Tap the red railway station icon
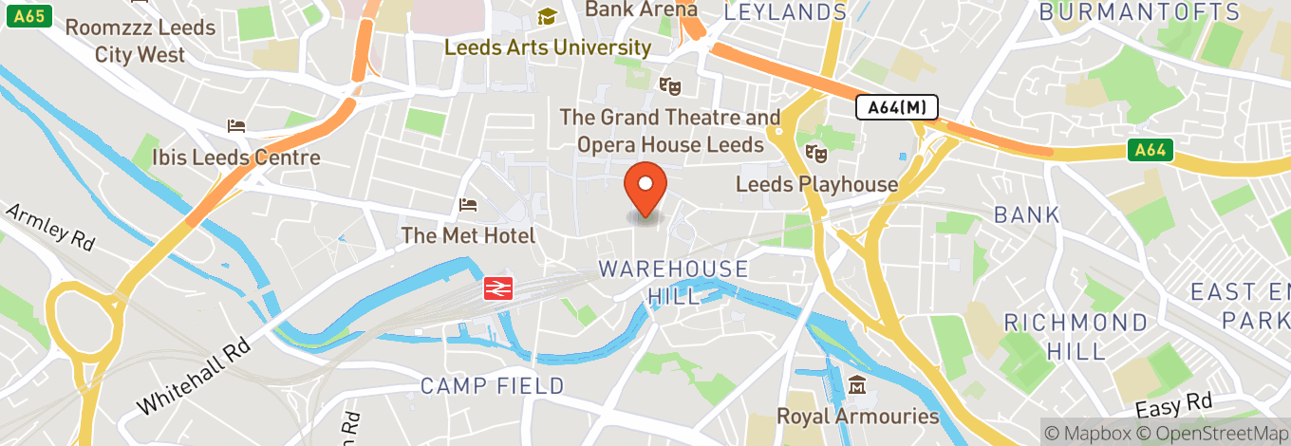(x=498, y=288)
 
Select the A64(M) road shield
(x=896, y=108)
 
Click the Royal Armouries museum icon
(x=858, y=385)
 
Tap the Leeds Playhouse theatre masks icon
(x=814, y=153)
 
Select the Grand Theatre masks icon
(x=670, y=85)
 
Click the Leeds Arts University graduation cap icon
(x=547, y=16)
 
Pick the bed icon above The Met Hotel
(x=467, y=204)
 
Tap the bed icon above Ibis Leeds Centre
(x=236, y=125)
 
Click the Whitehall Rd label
(x=194, y=377)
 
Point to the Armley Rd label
(x=50, y=227)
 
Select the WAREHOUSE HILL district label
(x=673, y=282)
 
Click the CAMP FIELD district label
(x=492, y=386)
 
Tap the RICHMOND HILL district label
(x=1076, y=336)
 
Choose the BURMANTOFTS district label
(x=1139, y=12)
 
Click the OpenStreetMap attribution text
(x=1212, y=433)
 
